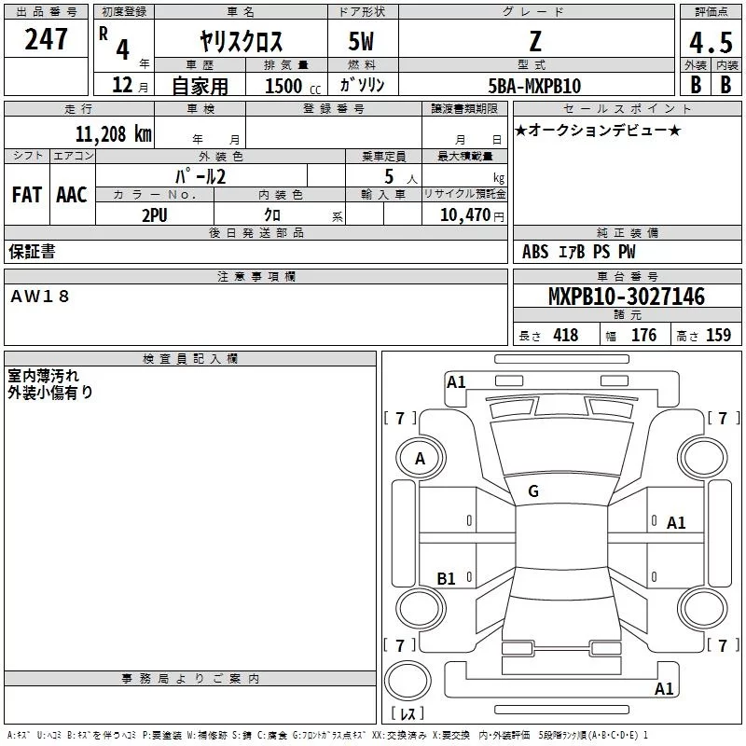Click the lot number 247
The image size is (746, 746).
point(48,39)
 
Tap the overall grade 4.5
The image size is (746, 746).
point(710,43)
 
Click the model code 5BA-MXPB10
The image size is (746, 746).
point(535,86)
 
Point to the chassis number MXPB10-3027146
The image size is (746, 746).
point(626,297)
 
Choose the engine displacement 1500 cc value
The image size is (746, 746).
point(283,86)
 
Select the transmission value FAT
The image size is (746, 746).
point(27,195)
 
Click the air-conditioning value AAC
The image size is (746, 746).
point(71,195)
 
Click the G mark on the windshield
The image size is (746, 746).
point(533,491)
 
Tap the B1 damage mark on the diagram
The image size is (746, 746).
point(447,579)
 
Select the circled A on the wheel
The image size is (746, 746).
point(421,459)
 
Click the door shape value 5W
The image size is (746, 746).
point(362,43)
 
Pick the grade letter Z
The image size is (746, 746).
point(534,43)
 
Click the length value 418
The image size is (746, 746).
point(565,336)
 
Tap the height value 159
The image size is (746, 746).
point(718,336)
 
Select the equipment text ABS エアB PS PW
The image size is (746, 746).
point(578,252)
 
